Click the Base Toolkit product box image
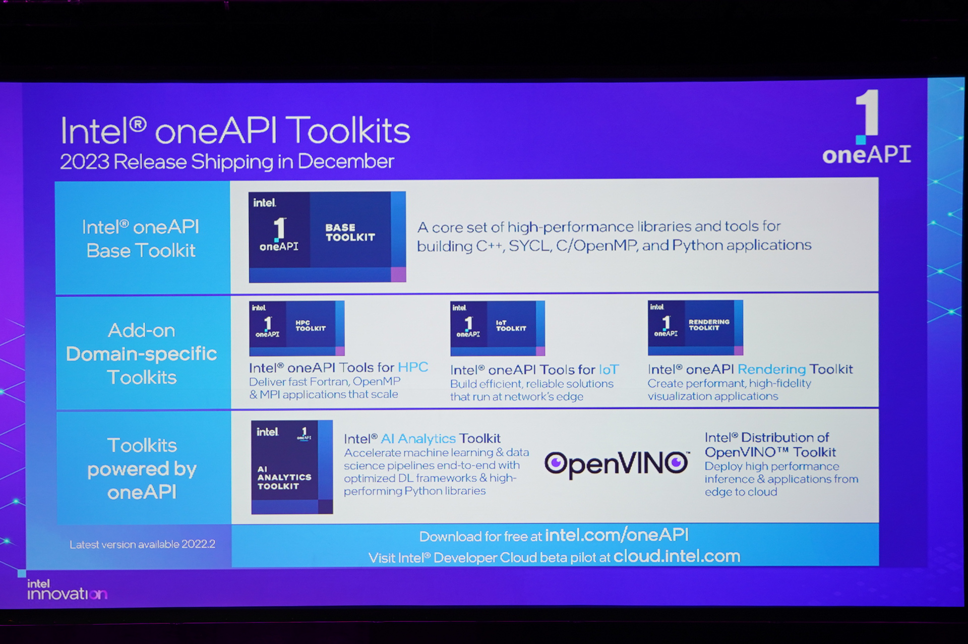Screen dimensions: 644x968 (x=327, y=236)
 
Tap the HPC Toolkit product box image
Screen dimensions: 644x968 (x=296, y=328)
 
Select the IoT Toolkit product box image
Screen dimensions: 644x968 (x=497, y=328)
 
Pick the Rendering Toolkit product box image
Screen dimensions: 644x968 (x=695, y=327)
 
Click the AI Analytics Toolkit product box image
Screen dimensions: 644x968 (x=292, y=466)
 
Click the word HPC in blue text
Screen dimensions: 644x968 (x=413, y=367)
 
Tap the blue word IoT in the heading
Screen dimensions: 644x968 (x=609, y=370)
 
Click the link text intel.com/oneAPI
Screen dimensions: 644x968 (x=617, y=535)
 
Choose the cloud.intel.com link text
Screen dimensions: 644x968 (x=677, y=556)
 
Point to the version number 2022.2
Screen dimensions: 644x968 (x=198, y=544)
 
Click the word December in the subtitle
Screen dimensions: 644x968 (x=345, y=162)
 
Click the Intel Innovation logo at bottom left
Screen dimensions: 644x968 (x=67, y=590)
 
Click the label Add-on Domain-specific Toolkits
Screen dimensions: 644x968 (x=142, y=354)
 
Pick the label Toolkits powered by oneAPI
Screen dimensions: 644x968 (x=142, y=469)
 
